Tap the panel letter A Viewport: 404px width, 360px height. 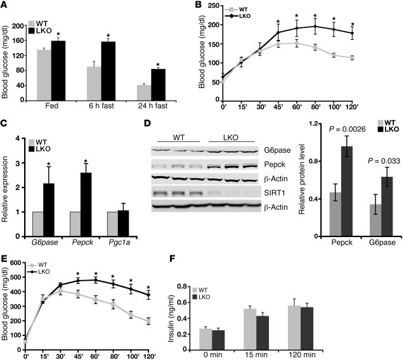(6, 7)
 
